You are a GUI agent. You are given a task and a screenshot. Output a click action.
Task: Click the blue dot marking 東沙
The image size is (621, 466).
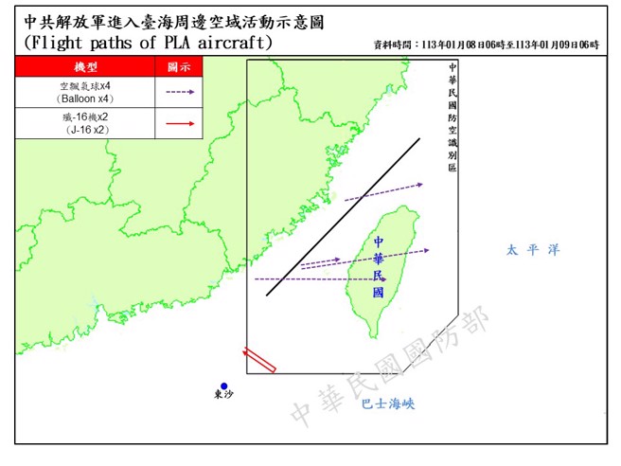coord(224,386)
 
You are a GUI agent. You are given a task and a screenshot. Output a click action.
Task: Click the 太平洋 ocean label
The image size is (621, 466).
coord(532,250)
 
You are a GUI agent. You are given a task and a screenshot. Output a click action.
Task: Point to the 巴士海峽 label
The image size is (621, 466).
coord(388,403)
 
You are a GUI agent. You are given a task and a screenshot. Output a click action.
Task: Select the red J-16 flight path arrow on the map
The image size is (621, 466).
coord(258,360)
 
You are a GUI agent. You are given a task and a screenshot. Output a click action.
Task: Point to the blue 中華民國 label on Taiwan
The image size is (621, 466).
coord(379,266)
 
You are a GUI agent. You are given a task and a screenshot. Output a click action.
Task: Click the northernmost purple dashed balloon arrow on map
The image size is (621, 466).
coord(383,192)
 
